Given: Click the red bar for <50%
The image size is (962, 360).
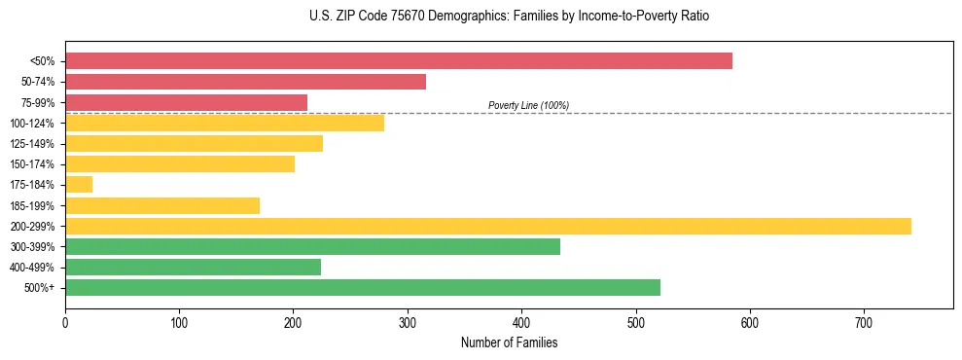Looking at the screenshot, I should tap(399, 61).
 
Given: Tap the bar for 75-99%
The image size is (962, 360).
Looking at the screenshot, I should tap(186, 102).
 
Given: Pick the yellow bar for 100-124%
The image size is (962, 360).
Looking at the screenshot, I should tap(225, 123).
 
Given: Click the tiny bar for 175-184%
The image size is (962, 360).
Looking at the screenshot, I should tap(79, 184).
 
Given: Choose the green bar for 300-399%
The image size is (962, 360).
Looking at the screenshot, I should tap(312, 246).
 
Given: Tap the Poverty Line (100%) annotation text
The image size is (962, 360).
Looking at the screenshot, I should tap(528, 105).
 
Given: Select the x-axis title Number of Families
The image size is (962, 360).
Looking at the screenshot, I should tap(509, 342).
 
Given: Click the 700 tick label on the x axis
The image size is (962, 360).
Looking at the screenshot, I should tap(864, 322).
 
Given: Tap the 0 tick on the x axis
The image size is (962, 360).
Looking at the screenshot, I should tap(65, 322).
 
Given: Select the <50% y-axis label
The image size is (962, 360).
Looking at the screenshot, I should tap(43, 61).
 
